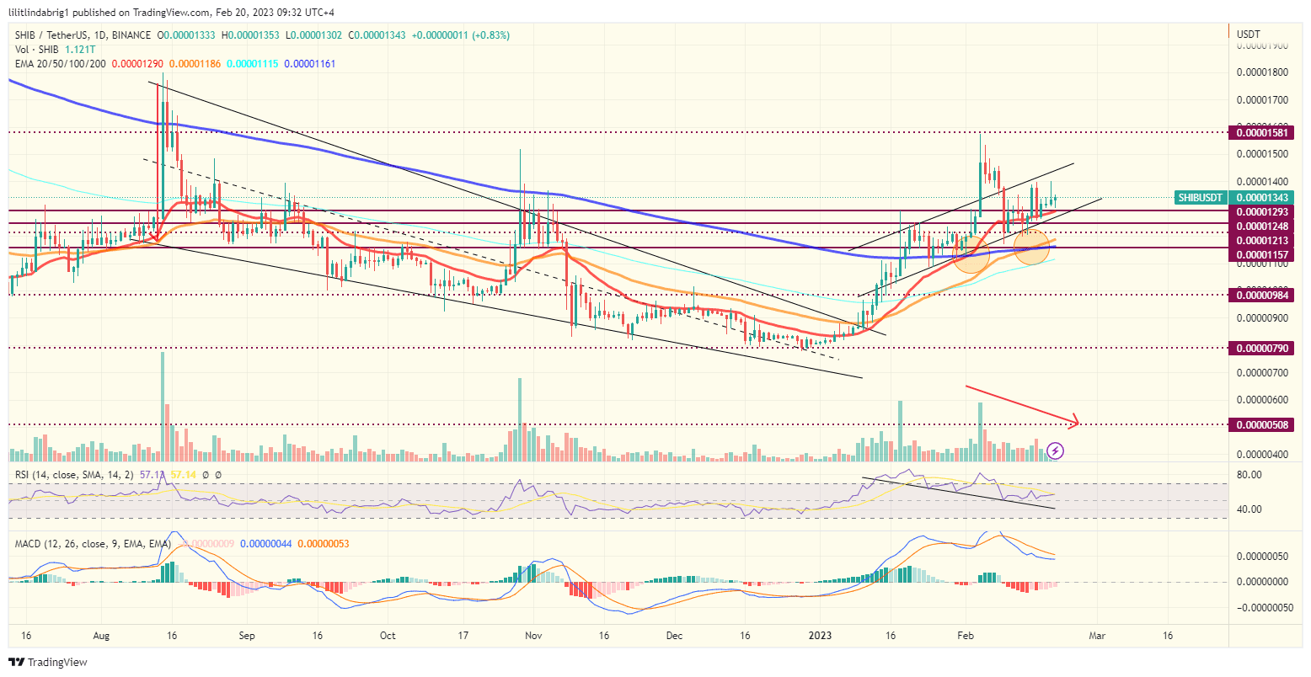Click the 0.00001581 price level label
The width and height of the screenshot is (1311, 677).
1261,133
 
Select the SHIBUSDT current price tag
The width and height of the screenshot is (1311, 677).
1201,198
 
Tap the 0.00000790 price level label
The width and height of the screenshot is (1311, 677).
1261,348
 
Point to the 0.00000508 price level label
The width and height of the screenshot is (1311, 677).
1261,425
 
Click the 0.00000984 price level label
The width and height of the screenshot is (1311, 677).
1261,295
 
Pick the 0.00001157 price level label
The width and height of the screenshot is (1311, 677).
1261,254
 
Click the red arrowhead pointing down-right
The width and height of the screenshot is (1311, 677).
1076,421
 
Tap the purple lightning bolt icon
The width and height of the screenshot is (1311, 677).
1056,450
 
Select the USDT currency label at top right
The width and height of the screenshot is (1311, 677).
1248,35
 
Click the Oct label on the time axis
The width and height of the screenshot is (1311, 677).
388,636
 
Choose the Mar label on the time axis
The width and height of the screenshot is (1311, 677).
1096,636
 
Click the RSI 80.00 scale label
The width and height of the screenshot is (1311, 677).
1249,474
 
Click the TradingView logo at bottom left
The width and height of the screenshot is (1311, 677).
48,663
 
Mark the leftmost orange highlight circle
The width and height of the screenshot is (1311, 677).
971,253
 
